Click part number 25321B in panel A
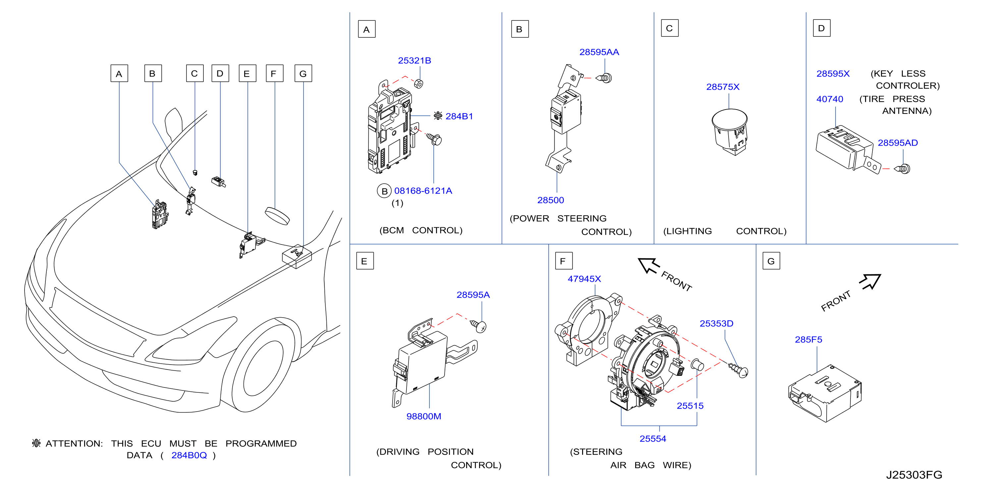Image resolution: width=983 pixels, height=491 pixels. pos(414,61)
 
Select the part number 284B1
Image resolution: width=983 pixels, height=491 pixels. pos(459,116)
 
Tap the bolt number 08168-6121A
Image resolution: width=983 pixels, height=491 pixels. pos(423,191)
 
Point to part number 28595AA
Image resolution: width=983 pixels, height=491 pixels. pos(599,52)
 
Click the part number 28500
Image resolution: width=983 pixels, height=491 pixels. pos(550,200)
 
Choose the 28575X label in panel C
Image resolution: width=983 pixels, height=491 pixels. pos(723,87)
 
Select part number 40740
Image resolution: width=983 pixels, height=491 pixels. pos(830,99)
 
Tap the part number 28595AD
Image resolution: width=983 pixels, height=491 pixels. pos(898,143)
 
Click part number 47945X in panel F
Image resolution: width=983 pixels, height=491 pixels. pos(584,279)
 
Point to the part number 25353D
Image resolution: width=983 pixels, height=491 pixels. pos(716,324)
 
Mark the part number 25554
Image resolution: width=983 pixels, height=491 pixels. pos(653,439)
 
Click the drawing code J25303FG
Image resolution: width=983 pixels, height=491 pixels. pos(914,475)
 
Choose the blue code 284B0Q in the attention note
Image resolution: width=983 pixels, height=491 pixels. pos(189,455)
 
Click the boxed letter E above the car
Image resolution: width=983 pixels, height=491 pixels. pos(247,73)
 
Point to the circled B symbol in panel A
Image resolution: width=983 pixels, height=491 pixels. pos(384,191)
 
